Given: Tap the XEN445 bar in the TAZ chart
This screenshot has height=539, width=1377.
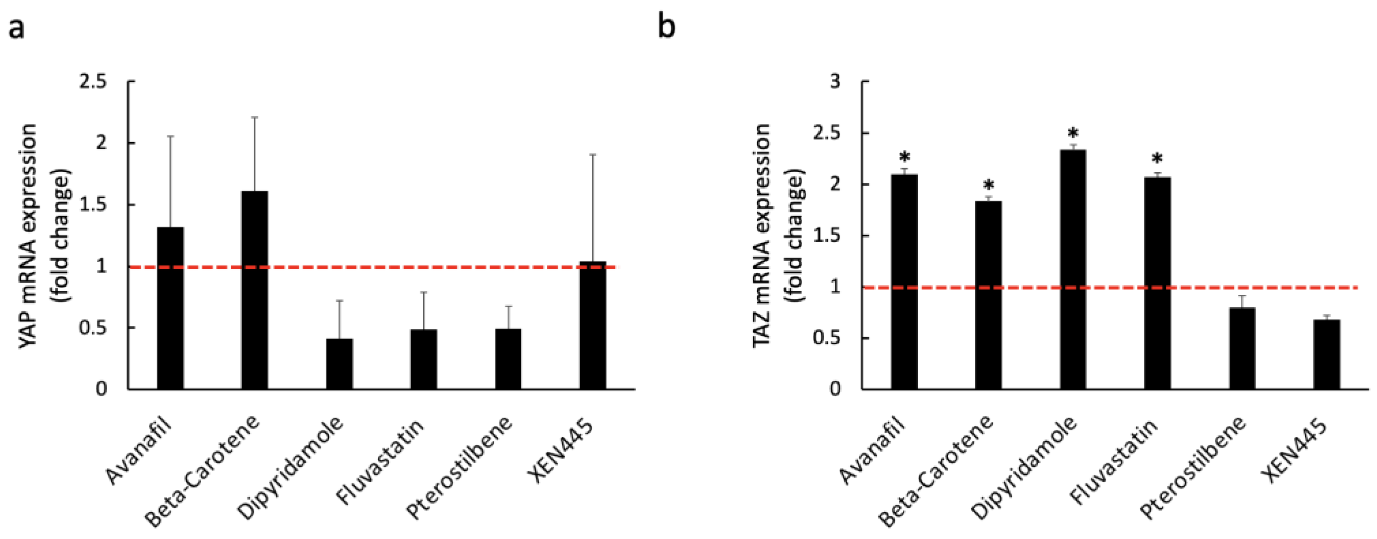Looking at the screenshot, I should [x=1326, y=354].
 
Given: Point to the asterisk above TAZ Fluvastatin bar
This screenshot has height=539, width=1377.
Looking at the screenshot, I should [x=1157, y=160].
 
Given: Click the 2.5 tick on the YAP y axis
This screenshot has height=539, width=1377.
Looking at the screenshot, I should [x=93, y=82].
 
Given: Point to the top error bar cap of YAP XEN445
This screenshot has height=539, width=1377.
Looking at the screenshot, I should [x=593, y=155].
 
